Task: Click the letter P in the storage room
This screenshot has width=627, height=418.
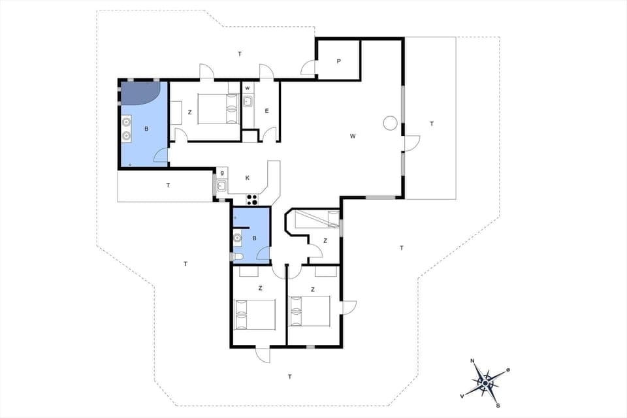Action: [x=338, y=61]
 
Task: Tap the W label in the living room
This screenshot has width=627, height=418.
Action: [x=353, y=136]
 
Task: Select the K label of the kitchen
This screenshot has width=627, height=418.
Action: [x=248, y=178]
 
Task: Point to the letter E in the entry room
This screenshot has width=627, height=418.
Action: [x=266, y=111]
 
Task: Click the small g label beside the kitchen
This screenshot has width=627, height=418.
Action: [x=222, y=172]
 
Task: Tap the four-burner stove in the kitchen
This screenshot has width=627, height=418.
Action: [x=252, y=199]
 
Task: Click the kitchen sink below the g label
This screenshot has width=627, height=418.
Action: [x=222, y=186]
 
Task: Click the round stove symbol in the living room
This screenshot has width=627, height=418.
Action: [x=391, y=123]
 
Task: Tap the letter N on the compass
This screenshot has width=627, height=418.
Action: [x=472, y=361]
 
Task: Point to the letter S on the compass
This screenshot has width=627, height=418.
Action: [x=498, y=404]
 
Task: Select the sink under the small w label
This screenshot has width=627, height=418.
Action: [x=248, y=101]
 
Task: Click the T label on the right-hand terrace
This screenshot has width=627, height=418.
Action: [x=431, y=123]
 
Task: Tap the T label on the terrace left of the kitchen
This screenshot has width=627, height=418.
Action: [x=168, y=185]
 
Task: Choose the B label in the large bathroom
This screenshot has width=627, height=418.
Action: [x=146, y=129]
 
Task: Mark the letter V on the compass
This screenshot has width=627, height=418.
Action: [x=462, y=396]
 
